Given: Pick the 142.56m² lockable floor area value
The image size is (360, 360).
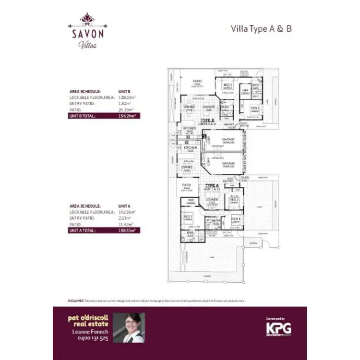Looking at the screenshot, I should point(127,212).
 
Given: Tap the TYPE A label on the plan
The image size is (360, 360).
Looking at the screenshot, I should point(212,185).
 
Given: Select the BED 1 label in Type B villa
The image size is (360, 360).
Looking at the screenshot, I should point(228,84).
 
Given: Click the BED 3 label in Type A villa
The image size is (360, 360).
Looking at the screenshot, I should point(235,218).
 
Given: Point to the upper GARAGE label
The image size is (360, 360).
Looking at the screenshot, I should point(228,140).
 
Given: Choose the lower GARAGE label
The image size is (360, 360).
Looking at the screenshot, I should point(228,163).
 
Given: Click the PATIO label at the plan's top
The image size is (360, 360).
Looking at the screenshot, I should point(197,81).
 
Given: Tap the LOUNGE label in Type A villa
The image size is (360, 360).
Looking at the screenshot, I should point(212,199).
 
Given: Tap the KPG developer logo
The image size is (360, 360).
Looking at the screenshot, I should point(278,328).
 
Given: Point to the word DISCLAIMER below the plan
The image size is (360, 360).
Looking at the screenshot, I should point(76,300).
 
